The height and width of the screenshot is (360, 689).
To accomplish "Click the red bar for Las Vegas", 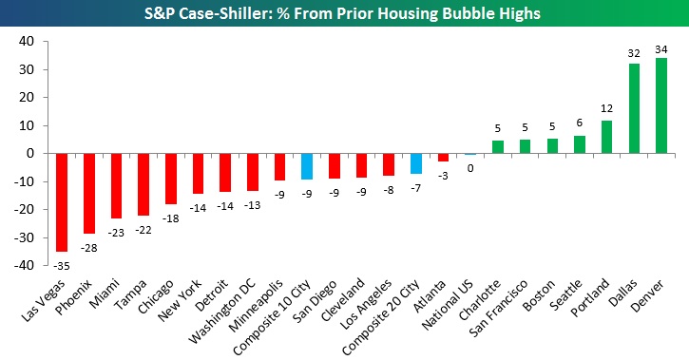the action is click(62, 202).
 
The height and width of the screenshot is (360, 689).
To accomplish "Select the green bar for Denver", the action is click(661, 105).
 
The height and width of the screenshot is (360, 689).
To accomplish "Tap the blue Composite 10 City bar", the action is click(307, 166).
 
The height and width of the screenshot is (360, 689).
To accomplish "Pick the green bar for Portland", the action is click(606, 137).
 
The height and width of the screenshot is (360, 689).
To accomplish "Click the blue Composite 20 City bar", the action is click(416, 163).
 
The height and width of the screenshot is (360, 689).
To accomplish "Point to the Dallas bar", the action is click(634, 108).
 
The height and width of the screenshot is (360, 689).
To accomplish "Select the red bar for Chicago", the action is click(171, 179).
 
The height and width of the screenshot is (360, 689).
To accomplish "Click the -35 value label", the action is click(62, 266).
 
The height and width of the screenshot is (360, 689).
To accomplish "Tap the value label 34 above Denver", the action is click(660, 49).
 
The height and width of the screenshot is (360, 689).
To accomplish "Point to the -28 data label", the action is click(88, 248).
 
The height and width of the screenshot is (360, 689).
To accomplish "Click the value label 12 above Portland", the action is click(607, 108).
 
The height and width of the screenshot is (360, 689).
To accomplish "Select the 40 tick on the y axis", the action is click(27, 41).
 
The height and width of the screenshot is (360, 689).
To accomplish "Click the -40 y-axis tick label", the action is click(24, 265).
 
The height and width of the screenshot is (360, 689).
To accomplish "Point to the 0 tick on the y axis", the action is click(30, 153).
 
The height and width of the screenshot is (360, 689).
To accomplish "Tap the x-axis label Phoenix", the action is click(74, 296).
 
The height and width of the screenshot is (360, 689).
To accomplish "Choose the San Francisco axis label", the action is click(498, 309).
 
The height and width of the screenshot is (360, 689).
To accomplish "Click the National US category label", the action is click(448, 304).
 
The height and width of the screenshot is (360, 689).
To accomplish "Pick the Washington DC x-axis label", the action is click(221, 312).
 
